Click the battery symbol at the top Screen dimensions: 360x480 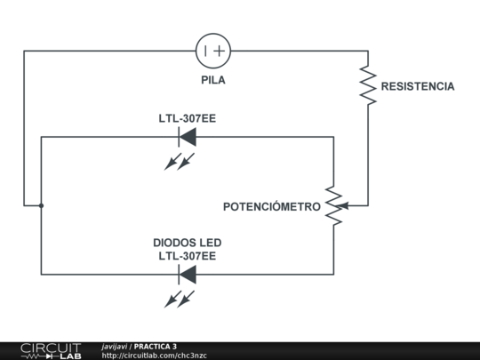coord(213,51)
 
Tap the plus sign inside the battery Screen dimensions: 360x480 coord(220,51)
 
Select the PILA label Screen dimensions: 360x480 coord(213,80)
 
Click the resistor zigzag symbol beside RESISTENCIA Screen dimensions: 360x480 coord(367,84)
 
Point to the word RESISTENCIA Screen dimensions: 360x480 coord(418,87)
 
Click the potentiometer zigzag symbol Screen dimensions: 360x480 coord(333,205)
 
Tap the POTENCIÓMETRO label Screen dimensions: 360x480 coord(271,206)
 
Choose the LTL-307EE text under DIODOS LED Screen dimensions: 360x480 coord(187,256)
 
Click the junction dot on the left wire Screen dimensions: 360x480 coord(41,205)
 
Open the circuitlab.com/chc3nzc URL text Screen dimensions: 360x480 coord(154,356)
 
